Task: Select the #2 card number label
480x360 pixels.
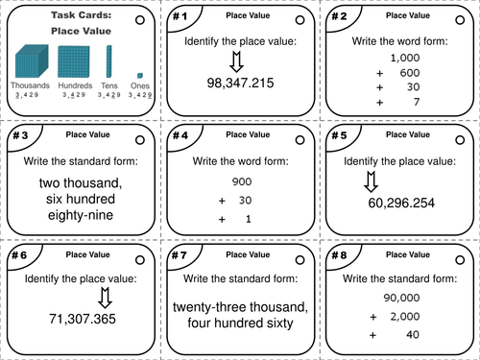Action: point(338,16)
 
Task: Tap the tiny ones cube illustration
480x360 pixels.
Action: point(140,75)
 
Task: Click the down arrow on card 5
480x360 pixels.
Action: point(372,180)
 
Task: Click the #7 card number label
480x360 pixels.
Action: point(179,257)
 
